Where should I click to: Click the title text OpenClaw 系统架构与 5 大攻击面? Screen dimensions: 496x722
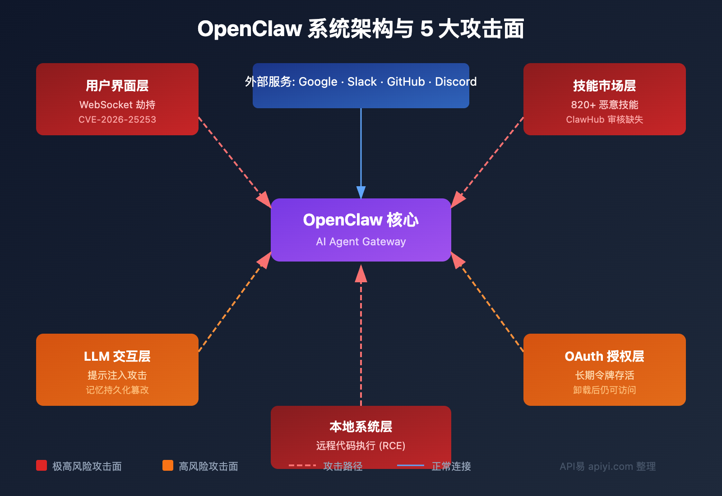pyautogui.click(x=361, y=29)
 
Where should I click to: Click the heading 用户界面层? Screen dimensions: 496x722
pyautogui.click(x=117, y=86)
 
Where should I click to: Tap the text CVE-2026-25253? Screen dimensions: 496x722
pyautogui.click(x=117, y=119)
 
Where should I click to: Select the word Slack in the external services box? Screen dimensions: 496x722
pyautogui.click(x=362, y=82)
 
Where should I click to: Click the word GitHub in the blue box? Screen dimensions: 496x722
pyautogui.click(x=406, y=82)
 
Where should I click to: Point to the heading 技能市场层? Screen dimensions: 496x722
pyautogui.click(x=604, y=86)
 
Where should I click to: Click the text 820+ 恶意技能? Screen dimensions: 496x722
pyautogui.click(x=604, y=105)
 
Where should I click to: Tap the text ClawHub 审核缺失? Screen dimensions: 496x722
pyautogui.click(x=604, y=119)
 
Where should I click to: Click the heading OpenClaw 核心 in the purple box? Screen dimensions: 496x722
pyautogui.click(x=361, y=220)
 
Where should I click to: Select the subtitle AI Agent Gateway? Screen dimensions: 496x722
pyautogui.click(x=361, y=242)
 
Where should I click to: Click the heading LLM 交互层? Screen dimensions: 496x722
pyautogui.click(x=117, y=356)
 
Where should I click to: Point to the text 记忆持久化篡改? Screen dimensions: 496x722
pyautogui.click(x=117, y=390)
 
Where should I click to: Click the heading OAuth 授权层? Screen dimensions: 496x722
pyautogui.click(x=604, y=356)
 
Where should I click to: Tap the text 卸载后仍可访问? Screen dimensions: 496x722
pyautogui.click(x=604, y=390)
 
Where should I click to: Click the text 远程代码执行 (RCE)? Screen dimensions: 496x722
pyautogui.click(x=361, y=445)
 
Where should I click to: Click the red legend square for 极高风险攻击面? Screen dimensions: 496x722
pyautogui.click(x=42, y=465)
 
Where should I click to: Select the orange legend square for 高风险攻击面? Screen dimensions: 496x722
pyautogui.click(x=168, y=465)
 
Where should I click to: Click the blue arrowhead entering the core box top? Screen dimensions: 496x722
pyautogui.click(x=361, y=193)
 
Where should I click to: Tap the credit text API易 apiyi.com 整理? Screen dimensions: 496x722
pyautogui.click(x=607, y=466)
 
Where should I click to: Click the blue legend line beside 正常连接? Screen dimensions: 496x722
pyautogui.click(x=410, y=465)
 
